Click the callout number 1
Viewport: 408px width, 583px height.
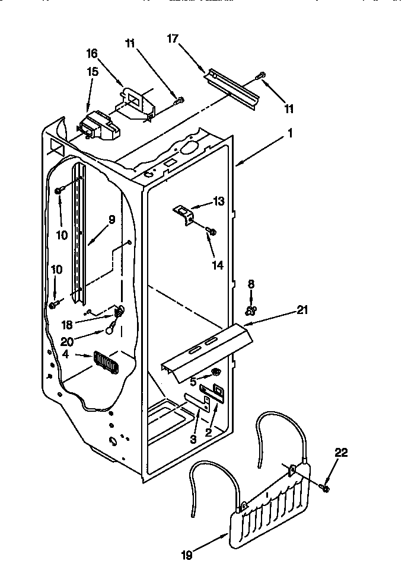click(290, 134)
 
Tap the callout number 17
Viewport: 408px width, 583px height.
click(173, 39)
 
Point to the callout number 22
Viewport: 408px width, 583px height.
click(341, 453)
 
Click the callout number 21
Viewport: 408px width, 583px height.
click(303, 309)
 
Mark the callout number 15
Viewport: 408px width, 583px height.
click(92, 71)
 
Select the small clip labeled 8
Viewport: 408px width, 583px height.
click(251, 309)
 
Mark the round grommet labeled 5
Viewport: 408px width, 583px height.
click(216, 372)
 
